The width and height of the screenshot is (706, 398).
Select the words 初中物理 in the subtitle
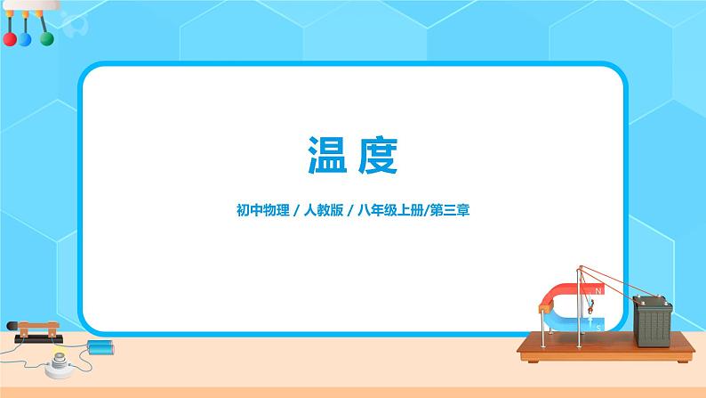click(258, 212)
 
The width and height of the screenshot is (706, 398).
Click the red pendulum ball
click(10, 40)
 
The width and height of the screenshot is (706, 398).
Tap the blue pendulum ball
click(26, 40)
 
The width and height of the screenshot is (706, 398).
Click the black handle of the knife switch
click(24, 328)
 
